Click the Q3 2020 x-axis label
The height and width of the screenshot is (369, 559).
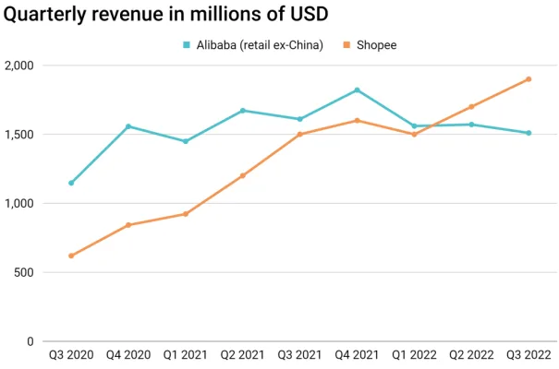tap(71, 354)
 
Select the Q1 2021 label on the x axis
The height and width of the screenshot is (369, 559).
tap(185, 354)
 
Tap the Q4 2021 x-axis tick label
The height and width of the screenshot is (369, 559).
tap(357, 354)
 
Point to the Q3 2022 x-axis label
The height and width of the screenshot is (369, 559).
tap(529, 354)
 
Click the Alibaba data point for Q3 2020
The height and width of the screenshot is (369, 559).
tap(71, 183)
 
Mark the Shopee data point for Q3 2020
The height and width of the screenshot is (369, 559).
tap(71, 256)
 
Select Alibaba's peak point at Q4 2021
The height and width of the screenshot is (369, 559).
tap(357, 90)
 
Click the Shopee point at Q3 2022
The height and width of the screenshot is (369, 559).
tap(529, 79)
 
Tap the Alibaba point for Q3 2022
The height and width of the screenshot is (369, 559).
tap(529, 133)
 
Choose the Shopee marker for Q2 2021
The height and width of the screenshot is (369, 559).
tap(242, 175)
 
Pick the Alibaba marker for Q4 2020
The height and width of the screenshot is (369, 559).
tap(128, 126)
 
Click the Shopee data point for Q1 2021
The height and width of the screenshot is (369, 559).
tap(185, 214)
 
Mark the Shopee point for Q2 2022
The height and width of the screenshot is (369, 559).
tap(471, 107)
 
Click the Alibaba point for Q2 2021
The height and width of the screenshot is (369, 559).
tap(242, 111)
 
